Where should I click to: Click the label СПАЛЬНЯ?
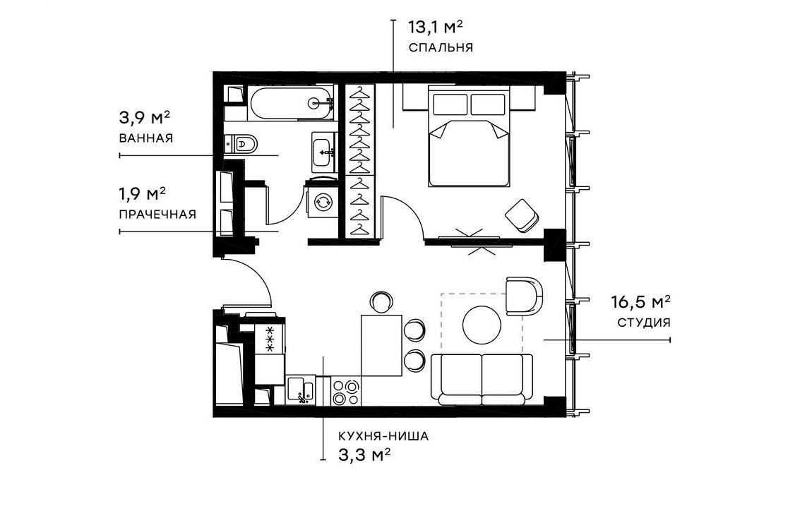coord(439,48)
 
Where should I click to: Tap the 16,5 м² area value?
coord(640,303)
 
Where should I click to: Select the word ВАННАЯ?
coord(146,138)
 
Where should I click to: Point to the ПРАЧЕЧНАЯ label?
coord(157,214)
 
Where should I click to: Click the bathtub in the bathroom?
coord(290,103)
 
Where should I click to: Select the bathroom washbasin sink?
coord(325,151)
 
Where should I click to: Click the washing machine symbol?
coord(324,202)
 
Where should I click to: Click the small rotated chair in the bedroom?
coord(523,215)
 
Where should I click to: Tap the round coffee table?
coord(482,324)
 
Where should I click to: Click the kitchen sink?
coord(301,390)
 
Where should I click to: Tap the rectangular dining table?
coord(381,346)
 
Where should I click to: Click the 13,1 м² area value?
coord(436,28)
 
